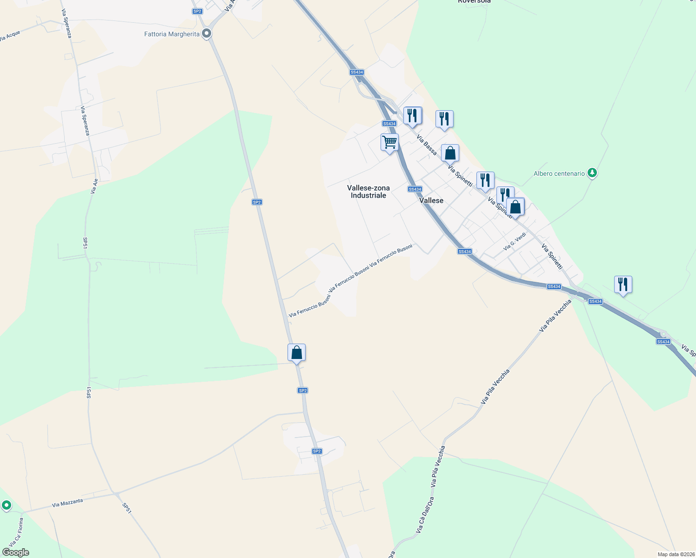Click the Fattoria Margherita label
pyautogui.click(x=172, y=34)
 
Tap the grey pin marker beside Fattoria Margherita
pyautogui.click(x=207, y=33)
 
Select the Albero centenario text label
pyautogui.click(x=559, y=174)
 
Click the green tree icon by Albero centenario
pyautogui.click(x=592, y=173)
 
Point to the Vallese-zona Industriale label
pyautogui.click(x=368, y=192)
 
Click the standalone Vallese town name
pyautogui.click(x=431, y=200)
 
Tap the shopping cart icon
pyautogui.click(x=389, y=142)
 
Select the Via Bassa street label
pyautogui.click(x=427, y=145)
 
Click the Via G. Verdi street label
pyautogui.click(x=515, y=242)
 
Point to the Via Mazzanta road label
pyautogui.click(x=67, y=503)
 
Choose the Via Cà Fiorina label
pyautogui.click(x=15, y=532)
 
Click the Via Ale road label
pyautogui.click(x=94, y=186)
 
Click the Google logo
pyautogui.click(x=16, y=552)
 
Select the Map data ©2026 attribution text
pyautogui.click(x=676, y=554)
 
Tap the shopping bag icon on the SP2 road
pyautogui.click(x=296, y=353)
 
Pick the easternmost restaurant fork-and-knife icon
pyautogui.click(x=622, y=284)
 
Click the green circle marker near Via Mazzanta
pyautogui.click(x=6, y=505)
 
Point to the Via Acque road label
pyautogui.click(x=10, y=36)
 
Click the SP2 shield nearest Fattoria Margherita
pyautogui.click(x=197, y=11)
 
